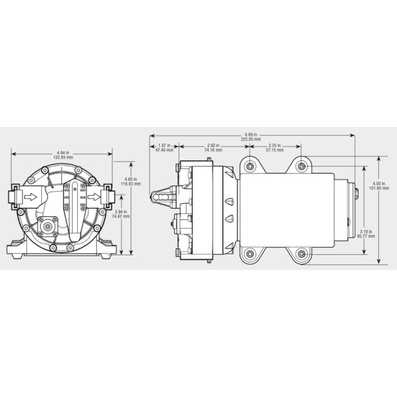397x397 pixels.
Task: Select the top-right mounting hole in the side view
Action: point(302,166)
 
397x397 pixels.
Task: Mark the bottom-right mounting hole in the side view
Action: point(302,254)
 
